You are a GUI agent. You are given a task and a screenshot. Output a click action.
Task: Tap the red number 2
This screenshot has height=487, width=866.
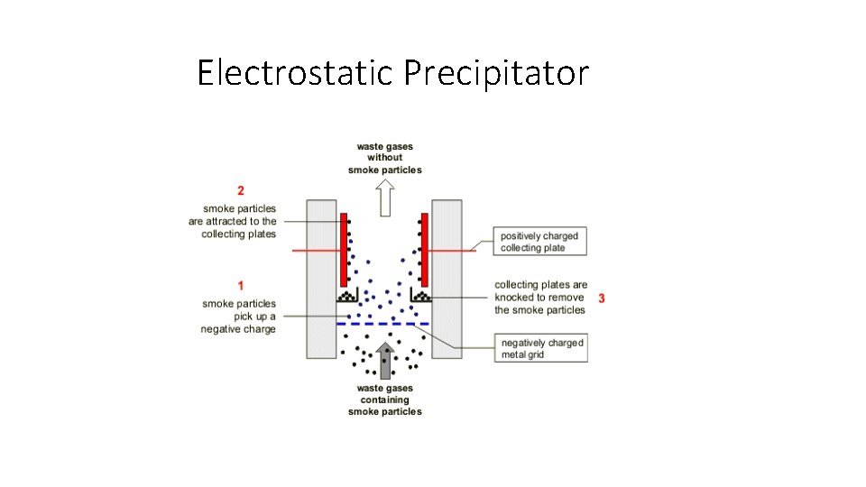(x=241, y=190)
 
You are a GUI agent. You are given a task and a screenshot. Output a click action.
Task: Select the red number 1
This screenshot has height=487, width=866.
(x=241, y=286)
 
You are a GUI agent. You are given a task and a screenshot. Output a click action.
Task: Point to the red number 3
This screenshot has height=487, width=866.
(x=602, y=298)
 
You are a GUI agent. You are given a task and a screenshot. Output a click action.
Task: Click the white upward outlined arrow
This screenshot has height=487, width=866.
(x=385, y=197)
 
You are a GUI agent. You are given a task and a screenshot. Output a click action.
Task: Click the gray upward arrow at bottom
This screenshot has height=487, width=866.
(x=385, y=360)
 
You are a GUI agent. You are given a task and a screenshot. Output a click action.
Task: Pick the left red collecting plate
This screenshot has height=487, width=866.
(x=345, y=248)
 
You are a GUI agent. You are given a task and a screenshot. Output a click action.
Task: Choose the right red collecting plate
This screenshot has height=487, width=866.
(x=424, y=248)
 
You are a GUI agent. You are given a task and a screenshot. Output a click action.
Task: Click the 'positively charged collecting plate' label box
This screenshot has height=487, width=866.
(x=539, y=242)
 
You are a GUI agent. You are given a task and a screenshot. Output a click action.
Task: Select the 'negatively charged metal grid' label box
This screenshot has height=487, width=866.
(x=542, y=348)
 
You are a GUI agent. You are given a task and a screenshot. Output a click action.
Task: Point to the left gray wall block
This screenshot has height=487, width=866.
(x=322, y=275)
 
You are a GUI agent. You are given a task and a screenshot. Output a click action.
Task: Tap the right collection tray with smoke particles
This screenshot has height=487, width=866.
(x=420, y=296)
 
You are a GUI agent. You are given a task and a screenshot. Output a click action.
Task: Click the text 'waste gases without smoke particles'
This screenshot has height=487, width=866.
(x=385, y=158)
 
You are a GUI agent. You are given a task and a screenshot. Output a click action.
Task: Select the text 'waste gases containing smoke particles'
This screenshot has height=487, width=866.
(x=385, y=400)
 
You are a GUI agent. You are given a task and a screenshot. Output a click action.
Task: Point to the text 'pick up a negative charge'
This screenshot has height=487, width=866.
(x=238, y=323)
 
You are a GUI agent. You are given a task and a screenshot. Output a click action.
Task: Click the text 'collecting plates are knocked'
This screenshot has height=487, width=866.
(x=540, y=291)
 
